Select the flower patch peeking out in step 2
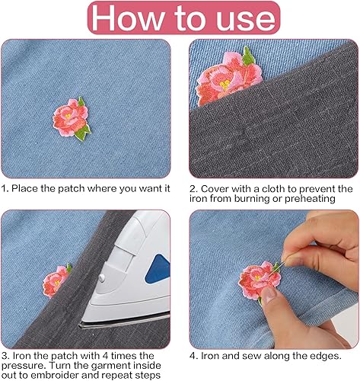click(224, 80)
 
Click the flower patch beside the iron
click(56, 282)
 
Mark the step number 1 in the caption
click(5, 188)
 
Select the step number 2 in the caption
click(193, 188)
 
